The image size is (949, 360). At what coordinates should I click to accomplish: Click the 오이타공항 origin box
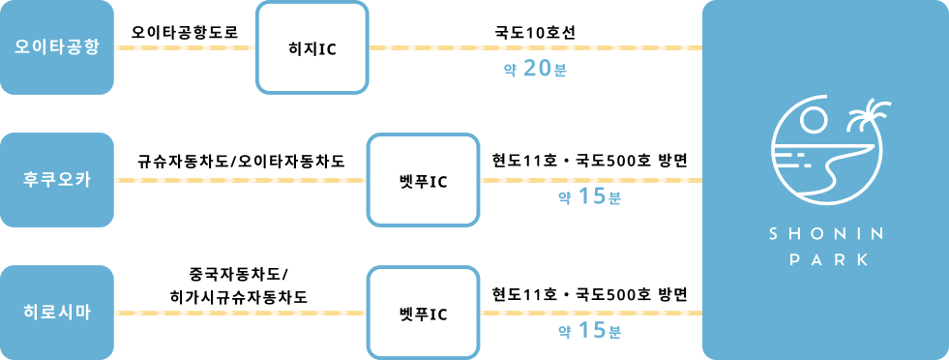[58, 47]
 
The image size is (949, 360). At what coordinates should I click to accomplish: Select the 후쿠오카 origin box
[58, 180]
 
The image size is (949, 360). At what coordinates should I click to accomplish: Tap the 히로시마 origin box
[58, 314]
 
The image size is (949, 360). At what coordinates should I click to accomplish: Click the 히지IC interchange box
[312, 47]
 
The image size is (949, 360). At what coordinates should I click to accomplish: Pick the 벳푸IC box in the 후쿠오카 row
[423, 180]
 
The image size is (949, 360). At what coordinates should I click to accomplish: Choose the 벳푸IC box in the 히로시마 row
[423, 314]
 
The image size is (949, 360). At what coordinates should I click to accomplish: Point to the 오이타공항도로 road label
[184, 29]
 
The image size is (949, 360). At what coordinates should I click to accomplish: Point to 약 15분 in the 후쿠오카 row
[588, 198]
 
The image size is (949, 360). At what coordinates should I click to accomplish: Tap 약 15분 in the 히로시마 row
[588, 331]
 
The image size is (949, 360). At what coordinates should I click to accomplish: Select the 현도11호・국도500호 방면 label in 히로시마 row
[589, 293]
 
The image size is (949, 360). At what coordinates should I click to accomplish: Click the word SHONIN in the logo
[825, 235]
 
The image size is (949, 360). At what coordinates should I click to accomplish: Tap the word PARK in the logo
[825, 259]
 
